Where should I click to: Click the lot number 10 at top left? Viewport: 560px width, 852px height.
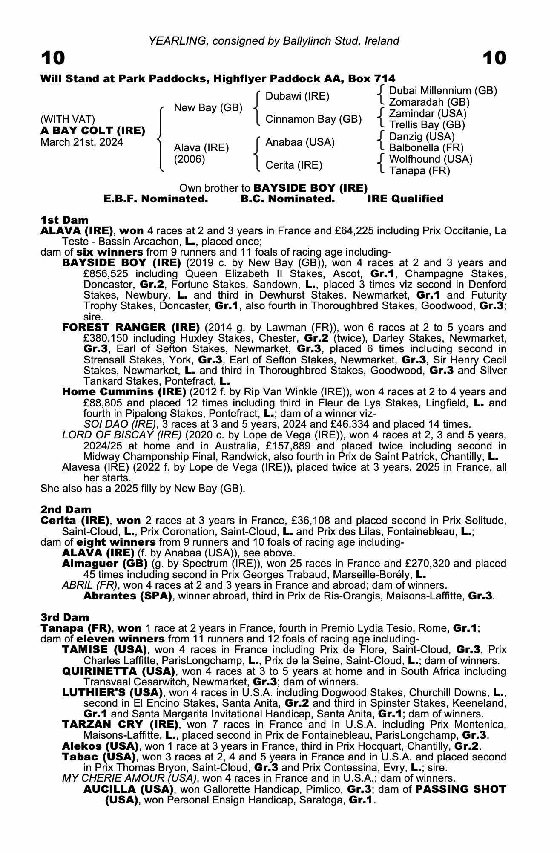click(53, 58)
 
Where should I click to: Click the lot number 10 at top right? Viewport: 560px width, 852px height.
click(494, 58)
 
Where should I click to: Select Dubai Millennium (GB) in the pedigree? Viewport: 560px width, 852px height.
click(443, 91)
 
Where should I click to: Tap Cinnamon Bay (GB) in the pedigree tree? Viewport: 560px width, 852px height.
click(313, 119)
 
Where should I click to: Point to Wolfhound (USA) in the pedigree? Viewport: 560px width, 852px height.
click(431, 159)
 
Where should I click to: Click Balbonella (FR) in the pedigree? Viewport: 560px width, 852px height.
click(426, 148)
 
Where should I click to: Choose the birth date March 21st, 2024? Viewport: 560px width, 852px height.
click(82, 142)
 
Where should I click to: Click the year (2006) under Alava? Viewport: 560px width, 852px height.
click(190, 159)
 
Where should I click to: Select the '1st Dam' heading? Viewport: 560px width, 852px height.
click(64, 220)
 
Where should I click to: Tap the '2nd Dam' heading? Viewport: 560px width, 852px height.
click(66, 509)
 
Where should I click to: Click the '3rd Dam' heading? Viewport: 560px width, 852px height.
click(65, 617)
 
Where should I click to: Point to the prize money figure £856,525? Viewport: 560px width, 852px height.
click(109, 273)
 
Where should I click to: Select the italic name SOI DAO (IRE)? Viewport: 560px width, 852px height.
click(120, 424)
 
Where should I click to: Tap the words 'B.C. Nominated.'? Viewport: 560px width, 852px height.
click(287, 199)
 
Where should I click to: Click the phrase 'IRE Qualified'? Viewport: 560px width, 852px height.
click(405, 199)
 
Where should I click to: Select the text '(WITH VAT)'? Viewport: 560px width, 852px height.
click(68, 119)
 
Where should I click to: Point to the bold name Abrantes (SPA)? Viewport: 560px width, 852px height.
click(127, 596)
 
